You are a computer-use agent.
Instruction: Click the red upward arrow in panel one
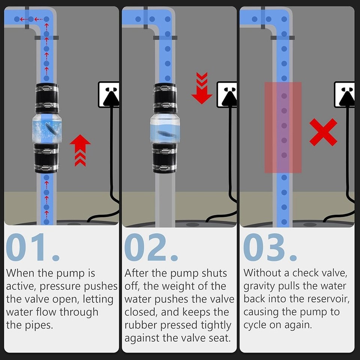point(80,150)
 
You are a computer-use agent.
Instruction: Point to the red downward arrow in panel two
point(202,89)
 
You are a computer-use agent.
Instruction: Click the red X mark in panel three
point(323,132)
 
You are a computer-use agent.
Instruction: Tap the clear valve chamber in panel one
point(47,129)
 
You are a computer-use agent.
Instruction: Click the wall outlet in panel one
point(109,94)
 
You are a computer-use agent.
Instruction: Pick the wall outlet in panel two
point(227,94)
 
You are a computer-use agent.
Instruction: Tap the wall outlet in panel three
point(344,94)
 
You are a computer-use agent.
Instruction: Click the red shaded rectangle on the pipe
point(283,127)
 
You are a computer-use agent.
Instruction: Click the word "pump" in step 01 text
point(79,273)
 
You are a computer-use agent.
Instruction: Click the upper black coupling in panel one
point(47,98)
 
